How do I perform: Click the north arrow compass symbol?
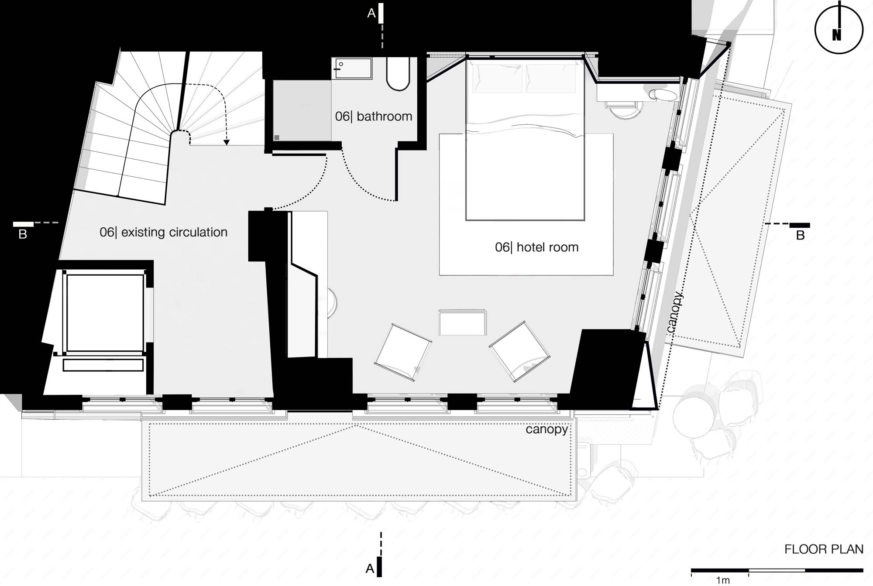(x=839, y=28)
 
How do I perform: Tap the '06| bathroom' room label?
(x=374, y=117)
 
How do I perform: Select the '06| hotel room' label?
(x=536, y=247)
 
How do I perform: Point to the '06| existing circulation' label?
(x=163, y=232)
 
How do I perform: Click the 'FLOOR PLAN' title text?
(x=824, y=549)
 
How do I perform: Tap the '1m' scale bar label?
(x=723, y=580)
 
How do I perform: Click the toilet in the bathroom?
(x=398, y=74)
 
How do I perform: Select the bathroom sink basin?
(x=352, y=69)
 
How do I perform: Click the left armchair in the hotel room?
(x=403, y=352)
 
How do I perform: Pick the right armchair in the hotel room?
(x=519, y=352)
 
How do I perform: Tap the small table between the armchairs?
(x=462, y=322)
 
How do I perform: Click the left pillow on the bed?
(x=497, y=78)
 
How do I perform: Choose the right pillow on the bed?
(x=551, y=78)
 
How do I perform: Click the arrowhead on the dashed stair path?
(x=226, y=142)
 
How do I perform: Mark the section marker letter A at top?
(x=371, y=14)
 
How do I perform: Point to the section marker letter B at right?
(x=800, y=236)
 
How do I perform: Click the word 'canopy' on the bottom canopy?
(x=546, y=430)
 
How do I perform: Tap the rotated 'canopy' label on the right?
(x=674, y=312)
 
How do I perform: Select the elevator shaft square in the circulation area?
(x=104, y=313)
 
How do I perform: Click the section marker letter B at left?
(x=23, y=235)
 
